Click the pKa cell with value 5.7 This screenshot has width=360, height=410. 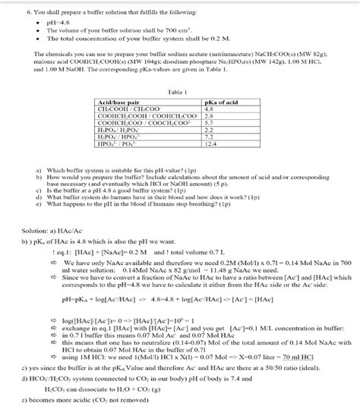point(209,144)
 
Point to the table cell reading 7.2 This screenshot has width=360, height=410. point(209,158)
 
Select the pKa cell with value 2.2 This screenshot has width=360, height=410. point(209,151)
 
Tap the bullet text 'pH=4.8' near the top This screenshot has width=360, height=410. point(58,21)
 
